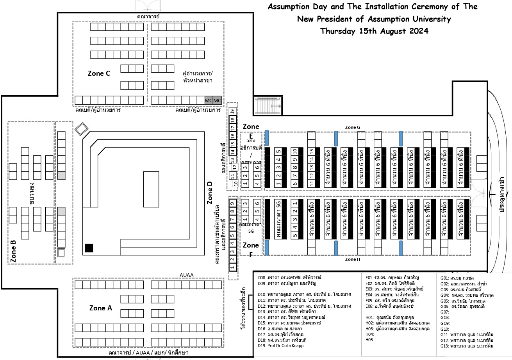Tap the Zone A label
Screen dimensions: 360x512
100,308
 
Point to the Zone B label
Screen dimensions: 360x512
13,251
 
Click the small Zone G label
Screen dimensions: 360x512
353,127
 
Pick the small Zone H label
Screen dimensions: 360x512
353,259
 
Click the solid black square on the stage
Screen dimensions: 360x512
89,248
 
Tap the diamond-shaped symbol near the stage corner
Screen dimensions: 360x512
82,129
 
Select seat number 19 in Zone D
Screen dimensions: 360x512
232,111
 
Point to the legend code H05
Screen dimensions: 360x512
370,340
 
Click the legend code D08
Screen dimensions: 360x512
262,278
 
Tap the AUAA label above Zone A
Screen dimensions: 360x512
186,275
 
